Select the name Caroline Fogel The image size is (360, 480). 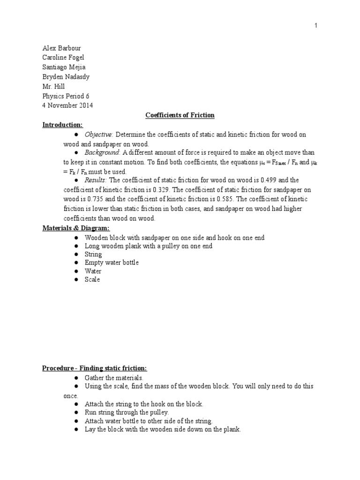click(63, 58)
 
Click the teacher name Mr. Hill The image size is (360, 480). click(53, 86)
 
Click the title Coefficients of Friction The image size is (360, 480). click(180, 115)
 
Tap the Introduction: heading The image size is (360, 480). click(62, 125)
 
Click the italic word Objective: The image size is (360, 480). click(99, 135)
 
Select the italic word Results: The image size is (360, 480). click(96, 180)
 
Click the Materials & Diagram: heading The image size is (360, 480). click(76, 228)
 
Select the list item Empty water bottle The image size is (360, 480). click(112, 262)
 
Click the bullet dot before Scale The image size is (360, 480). click(76, 280)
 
